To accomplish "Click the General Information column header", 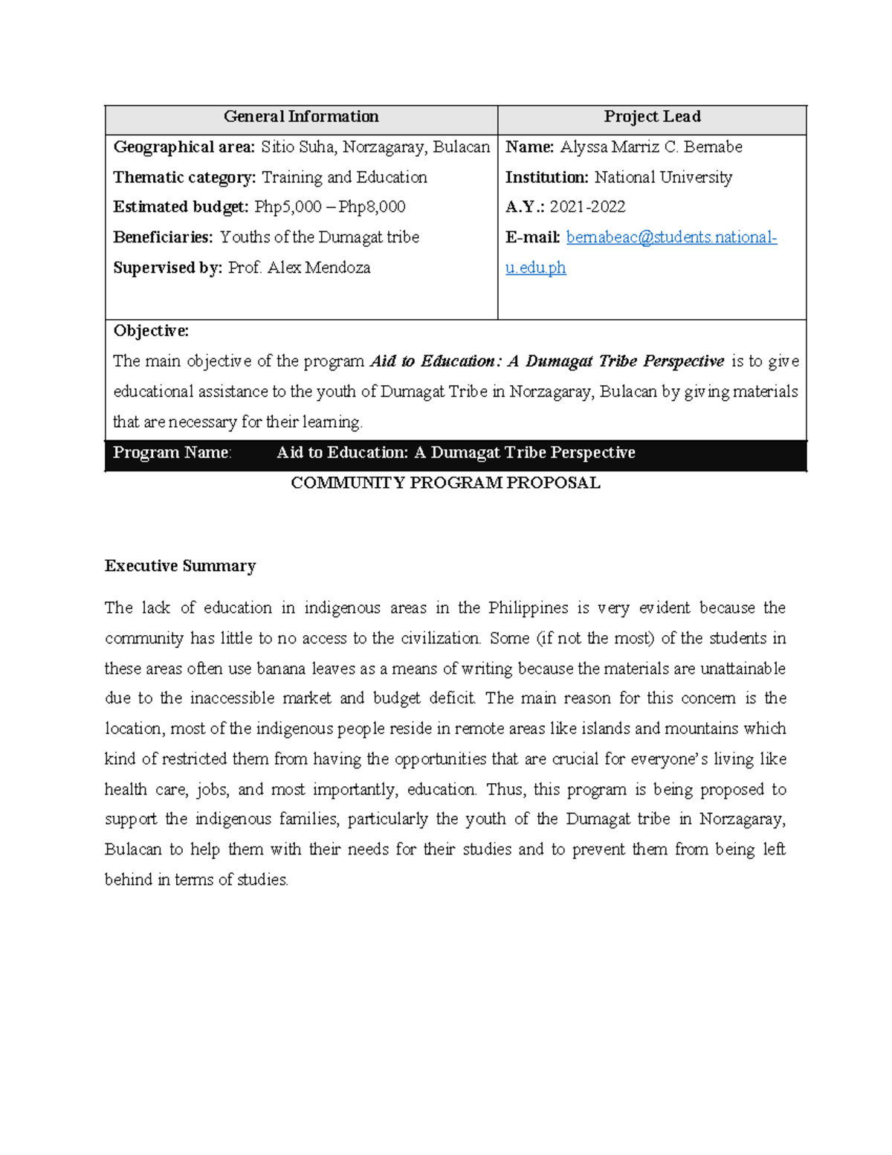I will pos(301,117).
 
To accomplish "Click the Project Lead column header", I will pos(652,117).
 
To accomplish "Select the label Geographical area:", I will pos(184,147).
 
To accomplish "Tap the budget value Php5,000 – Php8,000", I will pos(329,207).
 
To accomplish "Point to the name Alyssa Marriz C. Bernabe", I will pos(650,147).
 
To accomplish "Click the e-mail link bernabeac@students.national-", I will pos(671,237).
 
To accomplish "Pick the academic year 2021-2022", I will pos(587,207).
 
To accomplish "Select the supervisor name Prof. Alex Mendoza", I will pos(299,268).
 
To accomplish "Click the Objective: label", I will pos(151,331).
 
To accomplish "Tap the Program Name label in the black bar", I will pos(172,453).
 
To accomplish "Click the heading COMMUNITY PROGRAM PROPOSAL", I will pos(445,483).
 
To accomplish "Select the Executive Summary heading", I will pos(180,566).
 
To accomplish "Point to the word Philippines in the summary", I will pos(528,608).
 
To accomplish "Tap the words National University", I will pos(663,178).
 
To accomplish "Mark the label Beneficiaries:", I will pos(163,237).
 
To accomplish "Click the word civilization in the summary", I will pos(441,638).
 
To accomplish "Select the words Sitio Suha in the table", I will pos(297,147).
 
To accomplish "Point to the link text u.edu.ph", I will pos(535,268).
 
